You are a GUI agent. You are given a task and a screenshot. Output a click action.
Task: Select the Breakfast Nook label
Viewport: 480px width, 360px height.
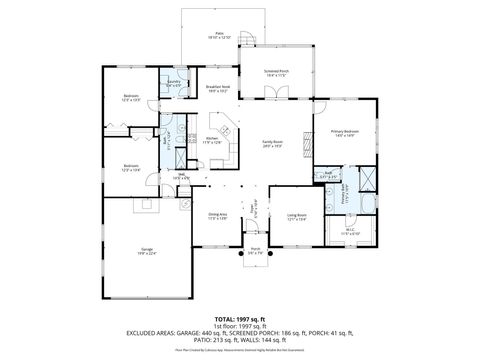(x=218, y=89)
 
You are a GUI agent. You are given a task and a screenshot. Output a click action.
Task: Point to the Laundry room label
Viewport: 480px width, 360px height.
(x=174, y=83)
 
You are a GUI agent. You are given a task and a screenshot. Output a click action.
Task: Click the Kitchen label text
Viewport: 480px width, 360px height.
(x=212, y=140)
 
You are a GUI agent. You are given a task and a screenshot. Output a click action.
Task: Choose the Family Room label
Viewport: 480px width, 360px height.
(x=272, y=143)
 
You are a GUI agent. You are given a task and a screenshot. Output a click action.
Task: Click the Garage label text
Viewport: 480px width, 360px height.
(x=146, y=251)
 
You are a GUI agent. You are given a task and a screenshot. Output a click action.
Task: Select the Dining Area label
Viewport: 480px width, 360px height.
(x=218, y=216)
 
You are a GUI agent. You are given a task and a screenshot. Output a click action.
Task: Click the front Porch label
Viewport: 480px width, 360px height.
(x=255, y=250)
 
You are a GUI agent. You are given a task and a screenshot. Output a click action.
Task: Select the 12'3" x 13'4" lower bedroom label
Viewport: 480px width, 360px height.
(x=129, y=167)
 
